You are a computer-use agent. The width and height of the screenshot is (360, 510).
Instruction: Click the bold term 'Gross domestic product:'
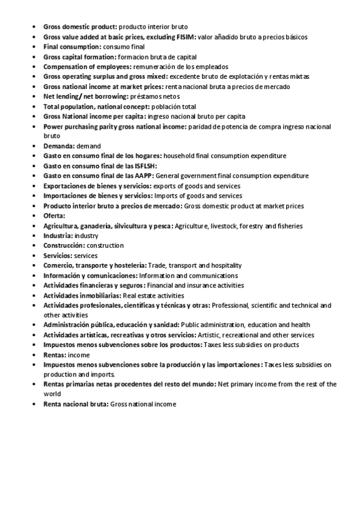(x=80, y=27)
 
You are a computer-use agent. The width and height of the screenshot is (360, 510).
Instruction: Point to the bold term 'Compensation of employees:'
(x=85, y=67)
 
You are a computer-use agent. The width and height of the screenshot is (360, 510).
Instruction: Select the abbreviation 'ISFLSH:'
(x=141, y=166)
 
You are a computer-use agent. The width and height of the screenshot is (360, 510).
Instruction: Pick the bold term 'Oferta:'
(x=54, y=216)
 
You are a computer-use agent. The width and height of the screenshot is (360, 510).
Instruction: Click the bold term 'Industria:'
(x=58, y=236)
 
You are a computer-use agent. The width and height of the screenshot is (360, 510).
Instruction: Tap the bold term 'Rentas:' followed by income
(x=55, y=355)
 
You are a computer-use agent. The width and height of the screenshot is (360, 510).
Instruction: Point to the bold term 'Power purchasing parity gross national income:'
(x=115, y=127)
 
